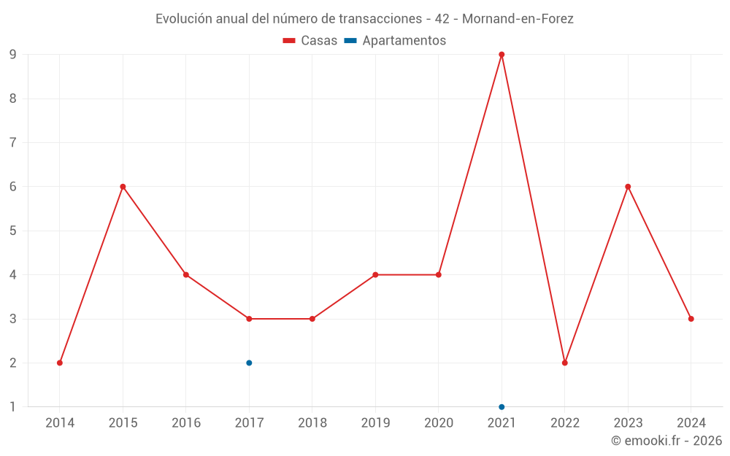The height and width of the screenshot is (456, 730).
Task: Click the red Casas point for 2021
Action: coord(502,55)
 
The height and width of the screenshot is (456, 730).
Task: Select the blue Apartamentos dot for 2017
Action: coord(249,363)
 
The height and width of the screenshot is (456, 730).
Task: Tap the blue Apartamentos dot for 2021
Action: coord(502,406)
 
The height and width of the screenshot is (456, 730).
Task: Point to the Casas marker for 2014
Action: coord(60,363)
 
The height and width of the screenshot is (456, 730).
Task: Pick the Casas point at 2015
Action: coord(123,187)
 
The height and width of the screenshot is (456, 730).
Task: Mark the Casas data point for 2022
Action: coord(565,363)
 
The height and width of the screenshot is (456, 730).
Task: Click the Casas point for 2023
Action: coord(628,187)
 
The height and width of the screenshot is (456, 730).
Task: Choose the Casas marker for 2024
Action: coord(691,319)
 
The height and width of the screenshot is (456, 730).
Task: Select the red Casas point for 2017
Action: coord(249,319)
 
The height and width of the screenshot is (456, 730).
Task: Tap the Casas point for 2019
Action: coord(375,275)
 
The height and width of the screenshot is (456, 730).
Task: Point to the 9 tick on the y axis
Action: coord(12,55)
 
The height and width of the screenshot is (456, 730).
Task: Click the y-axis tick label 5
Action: coord(12,231)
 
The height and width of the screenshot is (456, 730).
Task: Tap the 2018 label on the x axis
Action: coord(312,422)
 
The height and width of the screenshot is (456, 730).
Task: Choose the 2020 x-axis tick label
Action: coord(439,422)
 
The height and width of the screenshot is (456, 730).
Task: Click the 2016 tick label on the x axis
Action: coord(186,422)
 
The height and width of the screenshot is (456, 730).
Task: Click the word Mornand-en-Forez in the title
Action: coord(518,19)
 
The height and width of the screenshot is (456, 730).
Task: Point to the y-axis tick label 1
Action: coord(12,406)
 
